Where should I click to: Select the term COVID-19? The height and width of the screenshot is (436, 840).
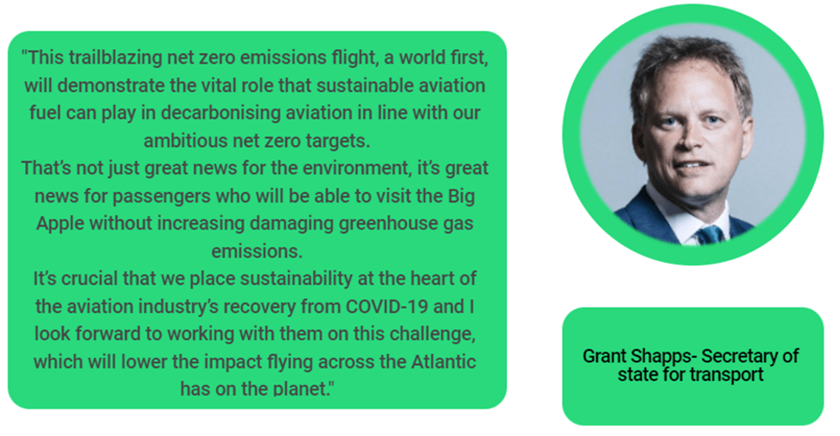pyautogui.click(x=387, y=307)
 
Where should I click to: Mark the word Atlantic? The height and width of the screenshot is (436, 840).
pyautogui.click(x=444, y=362)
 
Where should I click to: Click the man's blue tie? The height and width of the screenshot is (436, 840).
pyautogui.click(x=710, y=234)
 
